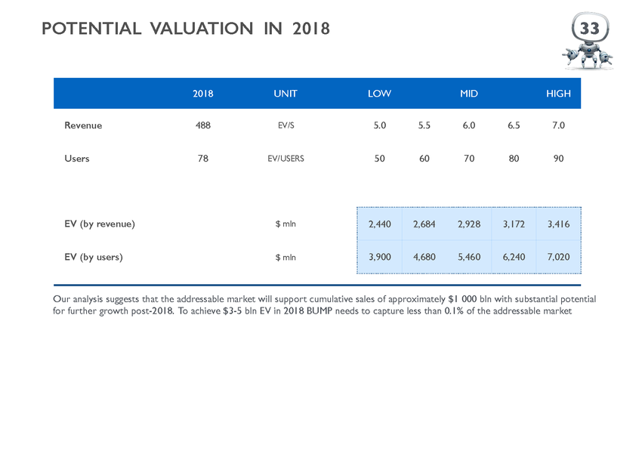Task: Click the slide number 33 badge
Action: click(x=590, y=28)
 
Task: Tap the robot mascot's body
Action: click(x=588, y=55)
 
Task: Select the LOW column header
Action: click(x=379, y=94)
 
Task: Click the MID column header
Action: click(x=469, y=94)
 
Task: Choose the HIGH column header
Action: click(x=558, y=94)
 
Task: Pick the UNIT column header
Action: click(x=286, y=94)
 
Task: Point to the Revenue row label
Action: click(x=83, y=125)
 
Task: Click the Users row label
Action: click(x=76, y=159)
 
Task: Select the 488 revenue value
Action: click(x=203, y=125)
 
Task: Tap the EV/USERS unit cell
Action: click(x=286, y=159)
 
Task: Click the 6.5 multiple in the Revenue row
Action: click(x=514, y=125)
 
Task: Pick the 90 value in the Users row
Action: click(x=558, y=159)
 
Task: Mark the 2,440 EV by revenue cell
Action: click(x=380, y=224)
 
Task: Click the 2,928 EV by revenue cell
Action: click(x=469, y=224)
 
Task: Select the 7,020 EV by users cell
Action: click(x=558, y=257)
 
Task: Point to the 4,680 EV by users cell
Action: click(x=424, y=257)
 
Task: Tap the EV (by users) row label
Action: click(x=94, y=257)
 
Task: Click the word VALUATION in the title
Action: click(x=202, y=29)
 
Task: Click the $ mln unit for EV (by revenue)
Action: click(x=286, y=224)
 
